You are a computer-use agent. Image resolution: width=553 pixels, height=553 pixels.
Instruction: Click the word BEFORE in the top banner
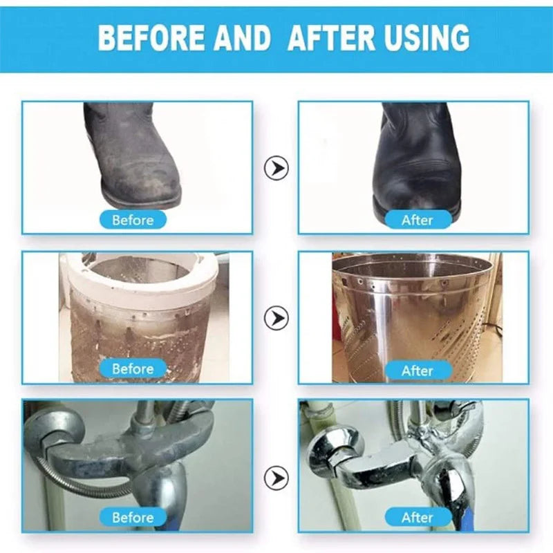tap(151, 37)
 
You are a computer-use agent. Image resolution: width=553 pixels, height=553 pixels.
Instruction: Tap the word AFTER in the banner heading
tap(332, 37)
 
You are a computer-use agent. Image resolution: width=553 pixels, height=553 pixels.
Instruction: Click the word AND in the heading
tap(242, 37)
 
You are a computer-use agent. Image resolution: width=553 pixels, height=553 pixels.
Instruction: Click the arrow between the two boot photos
tap(276, 168)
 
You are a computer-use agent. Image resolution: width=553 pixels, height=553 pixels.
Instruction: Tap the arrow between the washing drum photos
tap(276, 318)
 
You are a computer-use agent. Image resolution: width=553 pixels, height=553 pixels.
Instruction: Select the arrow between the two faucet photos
tap(276, 478)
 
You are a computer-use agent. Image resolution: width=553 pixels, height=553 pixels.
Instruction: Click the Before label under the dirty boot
tap(133, 220)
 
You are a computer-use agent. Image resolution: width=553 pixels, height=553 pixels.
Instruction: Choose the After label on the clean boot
tap(418, 220)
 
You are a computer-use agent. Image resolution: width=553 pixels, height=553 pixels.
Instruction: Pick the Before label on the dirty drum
tap(133, 369)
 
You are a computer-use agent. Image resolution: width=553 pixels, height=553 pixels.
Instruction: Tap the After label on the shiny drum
tap(418, 371)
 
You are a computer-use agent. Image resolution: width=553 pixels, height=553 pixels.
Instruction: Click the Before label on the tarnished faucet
tap(133, 517)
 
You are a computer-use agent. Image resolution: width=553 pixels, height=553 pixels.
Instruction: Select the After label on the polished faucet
tap(418, 517)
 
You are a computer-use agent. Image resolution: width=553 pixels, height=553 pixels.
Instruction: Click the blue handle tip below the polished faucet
tap(458, 521)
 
